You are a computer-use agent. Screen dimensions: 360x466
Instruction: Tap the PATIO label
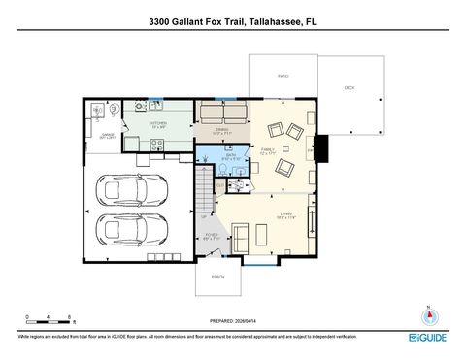[x=283, y=75]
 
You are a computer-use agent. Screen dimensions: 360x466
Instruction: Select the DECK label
[x=349, y=88]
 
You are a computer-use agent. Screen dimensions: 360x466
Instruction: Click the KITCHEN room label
[x=159, y=125]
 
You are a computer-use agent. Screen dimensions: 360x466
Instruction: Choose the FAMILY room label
[x=269, y=151]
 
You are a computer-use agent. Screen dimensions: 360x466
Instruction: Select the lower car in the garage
[x=137, y=232]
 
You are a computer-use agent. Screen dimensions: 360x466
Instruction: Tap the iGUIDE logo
[x=428, y=337]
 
